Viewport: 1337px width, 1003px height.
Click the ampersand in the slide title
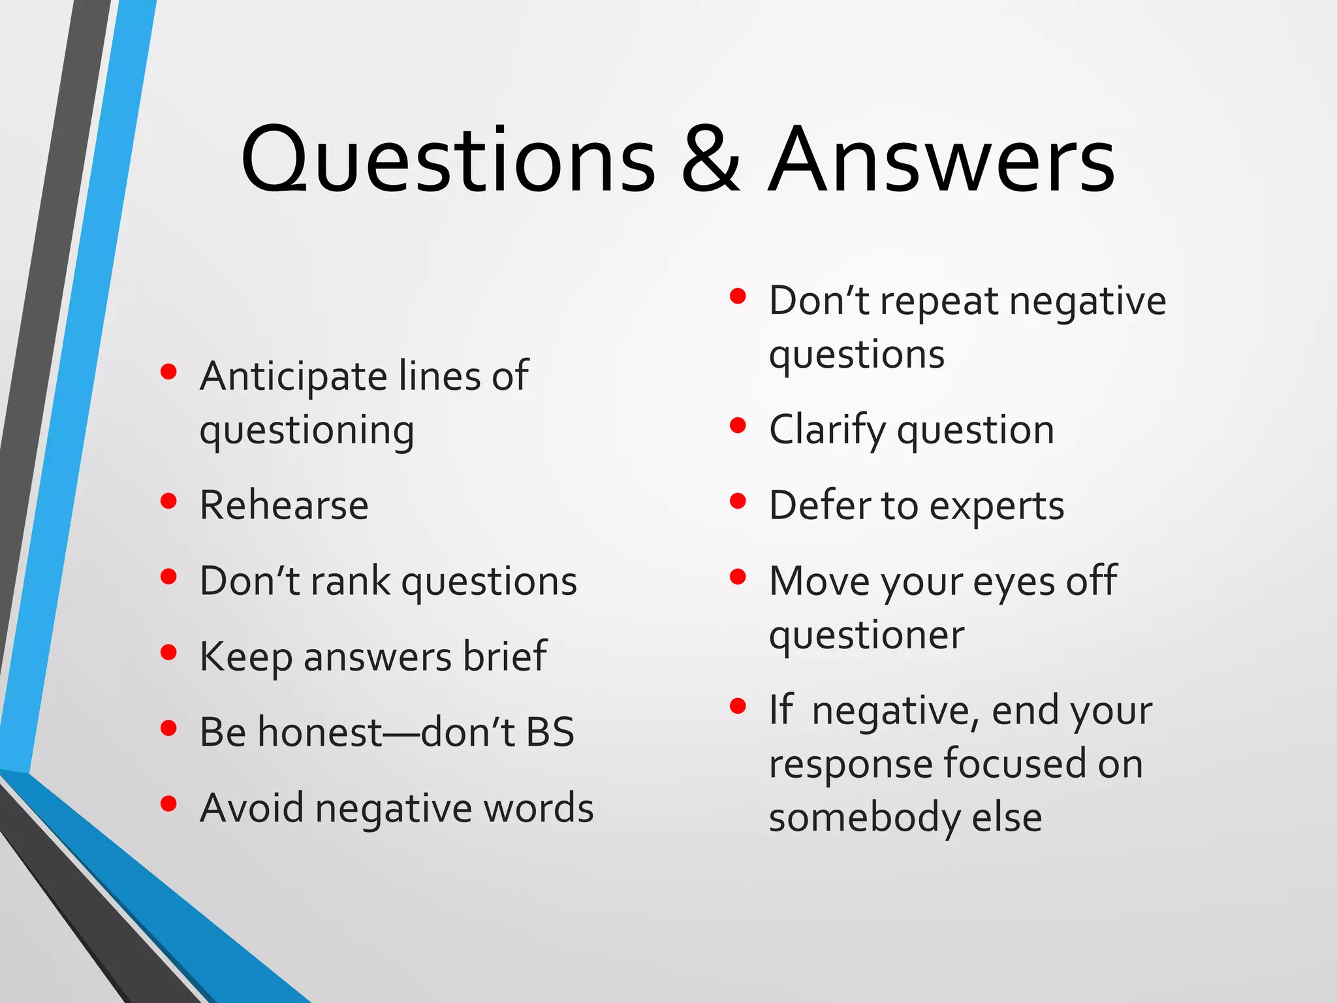pos(710,160)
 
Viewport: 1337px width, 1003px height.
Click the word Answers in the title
pos(941,160)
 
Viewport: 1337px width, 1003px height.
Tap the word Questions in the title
pos(448,160)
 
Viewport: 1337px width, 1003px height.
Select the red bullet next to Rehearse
pos(168,501)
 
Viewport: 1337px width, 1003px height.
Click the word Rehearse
pos(284,505)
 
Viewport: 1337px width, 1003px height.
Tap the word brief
pos(505,656)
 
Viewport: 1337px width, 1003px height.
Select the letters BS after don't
pos(550,732)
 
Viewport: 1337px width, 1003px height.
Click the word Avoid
pos(251,808)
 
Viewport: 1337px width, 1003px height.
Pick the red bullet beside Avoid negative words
pos(168,803)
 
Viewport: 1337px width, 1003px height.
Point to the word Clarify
pos(826,431)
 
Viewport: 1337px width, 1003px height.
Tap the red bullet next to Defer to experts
pos(738,501)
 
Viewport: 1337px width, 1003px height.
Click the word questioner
pos(866,635)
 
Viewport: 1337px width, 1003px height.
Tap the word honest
pos(319,732)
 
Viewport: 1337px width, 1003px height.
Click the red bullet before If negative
pos(738,706)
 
